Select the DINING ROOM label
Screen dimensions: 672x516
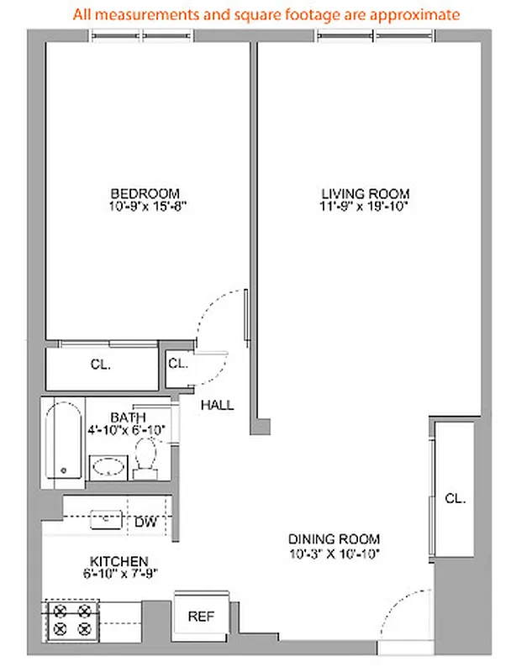pos(334,539)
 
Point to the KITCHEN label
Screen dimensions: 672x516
pos(119,561)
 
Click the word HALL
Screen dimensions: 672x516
pos(217,406)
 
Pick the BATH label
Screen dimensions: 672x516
pos(127,417)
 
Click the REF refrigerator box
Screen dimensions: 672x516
pos(200,617)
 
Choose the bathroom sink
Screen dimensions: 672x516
pos(108,467)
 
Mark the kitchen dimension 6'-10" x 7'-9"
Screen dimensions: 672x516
pos(119,575)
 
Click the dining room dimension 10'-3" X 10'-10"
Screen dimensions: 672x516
pos(334,553)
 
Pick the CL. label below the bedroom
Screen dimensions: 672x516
pos(101,365)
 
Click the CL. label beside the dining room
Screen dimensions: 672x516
pos(455,498)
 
